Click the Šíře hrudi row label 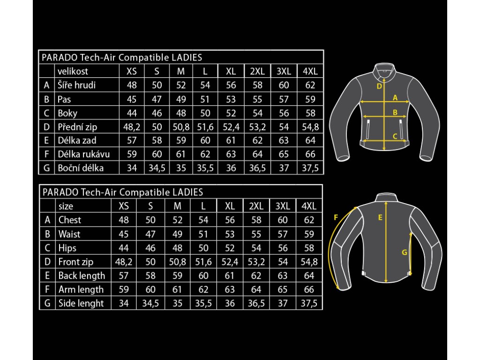pyautogui.click(x=76, y=85)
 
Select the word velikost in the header pyautogui.click(x=73, y=71)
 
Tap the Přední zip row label pyautogui.click(x=77, y=127)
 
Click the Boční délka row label pyautogui.click(x=80, y=167)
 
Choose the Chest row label pyautogui.click(x=69, y=220)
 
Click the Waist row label pyautogui.click(x=69, y=234)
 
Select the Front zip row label pyautogui.click(x=75, y=262)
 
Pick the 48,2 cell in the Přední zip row pyautogui.click(x=132, y=127)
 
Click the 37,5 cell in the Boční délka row pyautogui.click(x=310, y=167)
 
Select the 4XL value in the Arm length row pyautogui.click(x=309, y=289)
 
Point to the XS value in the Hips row pyautogui.click(x=123, y=247)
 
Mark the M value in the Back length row pyautogui.click(x=178, y=276)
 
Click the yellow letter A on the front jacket pyautogui.click(x=395, y=98)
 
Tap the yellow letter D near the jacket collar pyautogui.click(x=379, y=86)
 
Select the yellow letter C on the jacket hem pyautogui.click(x=395, y=136)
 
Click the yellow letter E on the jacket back pyautogui.click(x=380, y=217)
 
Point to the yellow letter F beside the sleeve pyautogui.click(x=336, y=217)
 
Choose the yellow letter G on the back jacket pyautogui.click(x=404, y=252)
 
